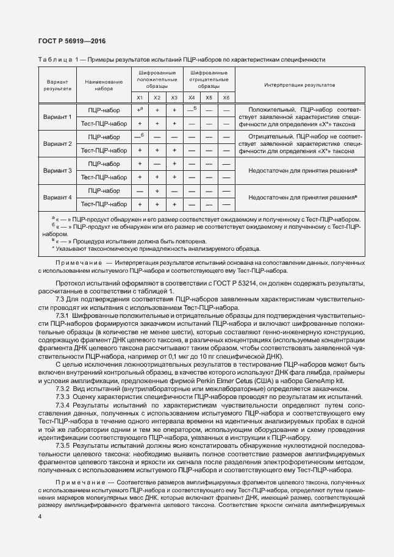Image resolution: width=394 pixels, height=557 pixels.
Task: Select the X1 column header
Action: click(x=140, y=98)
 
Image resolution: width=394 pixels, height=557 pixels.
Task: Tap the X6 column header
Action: click(x=226, y=98)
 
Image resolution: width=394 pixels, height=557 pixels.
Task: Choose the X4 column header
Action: click(x=192, y=98)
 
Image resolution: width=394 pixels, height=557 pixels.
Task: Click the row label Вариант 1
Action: click(x=57, y=117)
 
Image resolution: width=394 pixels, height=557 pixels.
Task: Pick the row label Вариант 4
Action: click(x=57, y=197)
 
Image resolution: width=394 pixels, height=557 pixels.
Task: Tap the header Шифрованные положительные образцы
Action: click(x=157, y=79)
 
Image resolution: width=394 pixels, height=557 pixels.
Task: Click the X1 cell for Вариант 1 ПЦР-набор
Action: click(x=140, y=110)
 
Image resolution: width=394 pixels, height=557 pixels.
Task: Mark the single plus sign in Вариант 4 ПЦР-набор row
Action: click(x=157, y=191)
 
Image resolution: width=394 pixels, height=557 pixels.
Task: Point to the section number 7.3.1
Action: click(x=63, y=317)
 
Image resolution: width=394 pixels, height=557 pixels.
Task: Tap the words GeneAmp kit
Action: click(x=330, y=380)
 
